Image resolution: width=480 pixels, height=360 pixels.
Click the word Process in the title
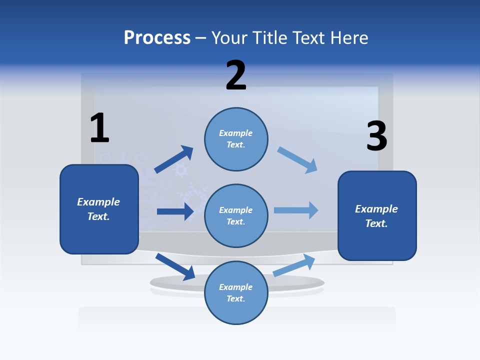tap(157, 38)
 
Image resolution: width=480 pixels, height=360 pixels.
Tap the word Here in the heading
tap(348, 38)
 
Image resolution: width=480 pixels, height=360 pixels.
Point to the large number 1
tap(99, 128)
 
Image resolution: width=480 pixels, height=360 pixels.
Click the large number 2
tap(236, 75)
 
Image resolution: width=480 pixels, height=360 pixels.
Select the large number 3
tap(376, 136)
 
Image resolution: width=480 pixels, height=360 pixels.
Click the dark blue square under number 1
tap(99, 209)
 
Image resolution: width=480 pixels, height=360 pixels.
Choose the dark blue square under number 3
tap(377, 216)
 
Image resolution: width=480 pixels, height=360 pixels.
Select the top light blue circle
tap(236, 139)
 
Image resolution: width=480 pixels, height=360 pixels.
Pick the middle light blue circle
tap(236, 216)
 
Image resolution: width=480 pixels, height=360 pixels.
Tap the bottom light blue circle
tap(236, 293)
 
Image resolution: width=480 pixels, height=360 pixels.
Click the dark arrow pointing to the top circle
tap(174, 159)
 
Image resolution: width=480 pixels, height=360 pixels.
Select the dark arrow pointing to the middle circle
tap(175, 211)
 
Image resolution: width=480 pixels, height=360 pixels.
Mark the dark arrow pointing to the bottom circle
tap(175, 266)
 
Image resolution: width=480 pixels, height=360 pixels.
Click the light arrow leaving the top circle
tap(297, 160)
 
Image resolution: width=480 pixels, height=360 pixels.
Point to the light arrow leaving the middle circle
tap(296, 210)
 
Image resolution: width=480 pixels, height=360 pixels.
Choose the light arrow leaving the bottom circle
tap(294, 265)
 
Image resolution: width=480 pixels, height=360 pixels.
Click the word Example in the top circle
tap(236, 133)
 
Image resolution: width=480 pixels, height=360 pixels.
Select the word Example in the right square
tap(376, 209)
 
